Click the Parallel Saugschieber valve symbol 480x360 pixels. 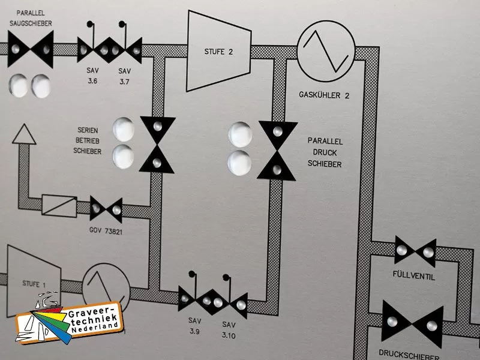pos(31,49)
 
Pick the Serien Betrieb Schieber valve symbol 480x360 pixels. pos(157,145)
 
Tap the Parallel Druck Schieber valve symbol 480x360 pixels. pos(277,150)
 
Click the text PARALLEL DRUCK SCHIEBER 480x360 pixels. pos(325,152)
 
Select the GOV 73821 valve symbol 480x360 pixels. pos(106,209)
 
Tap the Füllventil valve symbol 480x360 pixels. pos(415,252)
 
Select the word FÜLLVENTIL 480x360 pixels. pos(415,277)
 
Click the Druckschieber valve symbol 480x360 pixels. pos(413,324)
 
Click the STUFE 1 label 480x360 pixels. pos(33,283)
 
